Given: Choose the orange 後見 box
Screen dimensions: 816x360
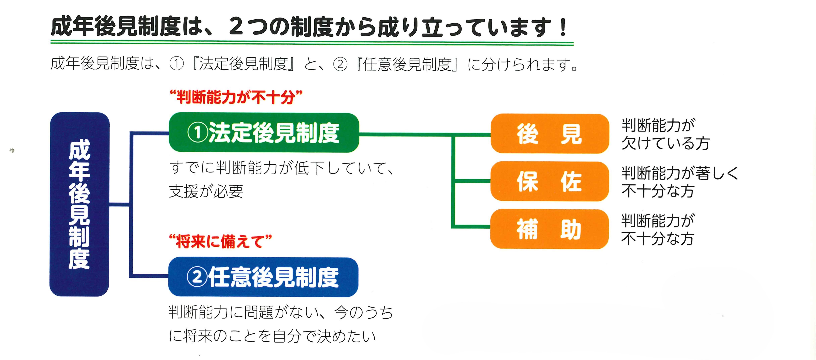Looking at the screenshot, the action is (x=550, y=134).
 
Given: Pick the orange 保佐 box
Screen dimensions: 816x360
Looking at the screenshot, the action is (x=550, y=181).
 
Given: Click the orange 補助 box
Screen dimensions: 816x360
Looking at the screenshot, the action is (x=550, y=229).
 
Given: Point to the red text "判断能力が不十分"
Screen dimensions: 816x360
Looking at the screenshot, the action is (x=236, y=97).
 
